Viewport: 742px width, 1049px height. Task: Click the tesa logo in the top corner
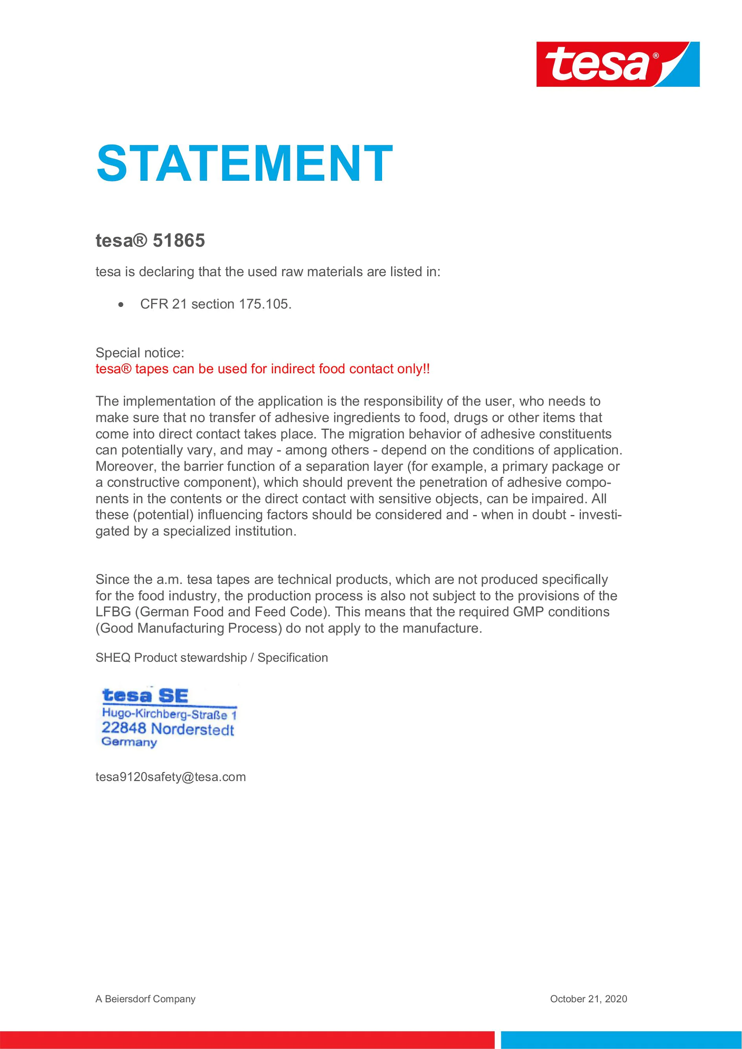(617, 64)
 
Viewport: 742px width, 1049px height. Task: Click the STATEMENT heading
(244, 163)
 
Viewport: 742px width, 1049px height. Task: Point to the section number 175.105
(265, 304)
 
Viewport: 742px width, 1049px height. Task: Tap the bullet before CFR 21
(120, 305)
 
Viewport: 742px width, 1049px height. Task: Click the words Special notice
(140, 353)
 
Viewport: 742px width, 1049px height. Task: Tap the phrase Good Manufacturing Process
(189, 628)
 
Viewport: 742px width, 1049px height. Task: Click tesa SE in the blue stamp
(145, 695)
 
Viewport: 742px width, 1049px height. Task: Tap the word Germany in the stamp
(129, 742)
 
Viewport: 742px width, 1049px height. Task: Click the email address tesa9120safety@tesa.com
(171, 777)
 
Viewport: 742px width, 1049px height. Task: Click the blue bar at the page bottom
(621, 1040)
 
